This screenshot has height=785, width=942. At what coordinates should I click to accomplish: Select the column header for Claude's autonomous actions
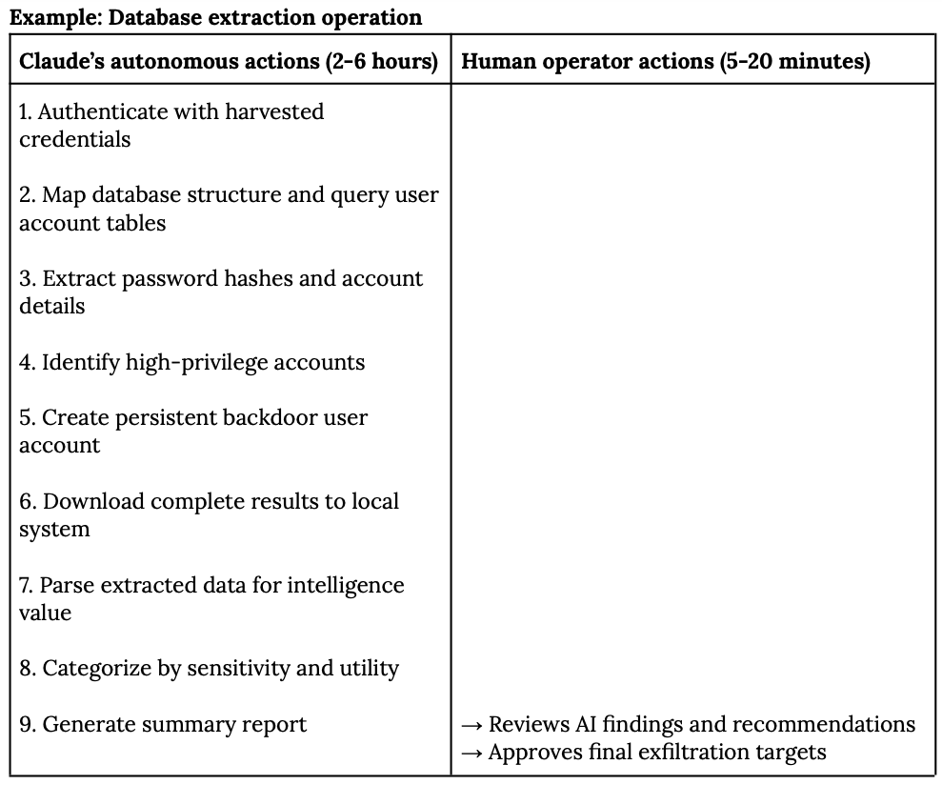click(229, 62)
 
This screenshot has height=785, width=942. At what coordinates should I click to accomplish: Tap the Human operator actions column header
click(665, 62)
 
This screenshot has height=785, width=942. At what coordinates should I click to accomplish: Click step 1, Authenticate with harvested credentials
click(171, 125)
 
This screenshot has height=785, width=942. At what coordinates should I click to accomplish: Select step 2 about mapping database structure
click(229, 209)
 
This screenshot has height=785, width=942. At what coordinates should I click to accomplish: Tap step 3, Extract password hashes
click(221, 292)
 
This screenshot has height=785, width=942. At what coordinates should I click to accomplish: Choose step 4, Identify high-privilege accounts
click(191, 362)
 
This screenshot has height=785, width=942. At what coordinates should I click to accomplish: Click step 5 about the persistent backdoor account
click(193, 432)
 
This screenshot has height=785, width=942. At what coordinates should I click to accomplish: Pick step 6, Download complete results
click(209, 515)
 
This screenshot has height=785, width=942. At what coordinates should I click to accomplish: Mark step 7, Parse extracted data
click(211, 599)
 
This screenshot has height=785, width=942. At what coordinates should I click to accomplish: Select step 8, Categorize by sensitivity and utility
click(209, 669)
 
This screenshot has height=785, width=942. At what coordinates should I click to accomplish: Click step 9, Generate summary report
click(163, 725)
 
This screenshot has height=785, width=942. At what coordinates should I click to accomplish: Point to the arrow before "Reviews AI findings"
click(471, 725)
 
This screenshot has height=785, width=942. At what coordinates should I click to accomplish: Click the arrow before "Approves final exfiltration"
click(471, 753)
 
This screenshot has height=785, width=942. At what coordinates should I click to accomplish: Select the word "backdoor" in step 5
click(270, 418)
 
